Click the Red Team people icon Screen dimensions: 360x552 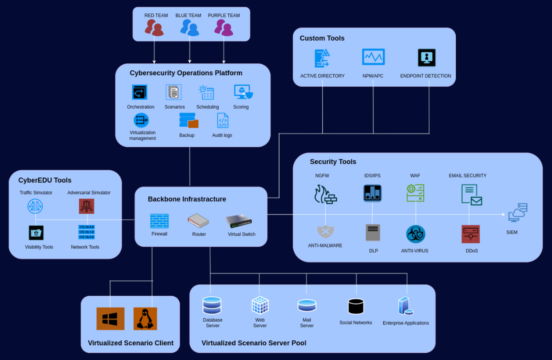click(154, 28)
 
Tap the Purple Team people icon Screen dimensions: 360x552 click(224, 28)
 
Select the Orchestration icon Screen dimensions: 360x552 click(140, 92)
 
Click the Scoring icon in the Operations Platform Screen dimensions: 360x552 click(243, 92)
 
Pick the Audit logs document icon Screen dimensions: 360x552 click(223, 121)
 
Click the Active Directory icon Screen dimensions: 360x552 click(322, 58)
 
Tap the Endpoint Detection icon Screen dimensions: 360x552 click(427, 58)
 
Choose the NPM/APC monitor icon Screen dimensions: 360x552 click(373, 57)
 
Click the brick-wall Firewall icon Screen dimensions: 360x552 click(160, 221)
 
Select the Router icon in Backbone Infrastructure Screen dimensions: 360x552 click(198, 221)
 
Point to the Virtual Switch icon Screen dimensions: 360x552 click(239, 221)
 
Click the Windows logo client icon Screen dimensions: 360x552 click(110, 319)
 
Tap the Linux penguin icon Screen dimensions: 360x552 click(145, 319)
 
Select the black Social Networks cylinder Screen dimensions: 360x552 click(356, 306)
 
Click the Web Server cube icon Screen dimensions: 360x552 click(260, 305)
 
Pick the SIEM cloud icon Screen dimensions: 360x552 click(518, 213)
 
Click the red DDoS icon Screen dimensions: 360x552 click(471, 234)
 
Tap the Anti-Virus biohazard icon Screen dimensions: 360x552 click(416, 234)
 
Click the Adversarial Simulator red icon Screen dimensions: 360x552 click(86, 206)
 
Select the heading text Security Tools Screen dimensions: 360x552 click(333, 162)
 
